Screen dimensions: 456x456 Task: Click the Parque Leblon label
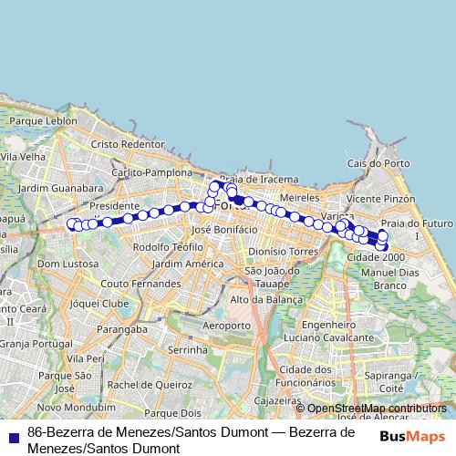click(43, 120)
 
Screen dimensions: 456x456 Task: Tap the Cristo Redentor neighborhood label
click(127, 144)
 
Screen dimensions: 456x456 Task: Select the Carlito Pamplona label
click(152, 171)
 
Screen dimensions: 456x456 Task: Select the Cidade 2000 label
click(375, 257)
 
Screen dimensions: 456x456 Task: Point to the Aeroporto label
click(226, 326)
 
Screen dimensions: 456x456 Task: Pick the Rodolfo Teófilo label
click(168, 247)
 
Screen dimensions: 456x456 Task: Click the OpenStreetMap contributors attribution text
click(377, 409)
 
